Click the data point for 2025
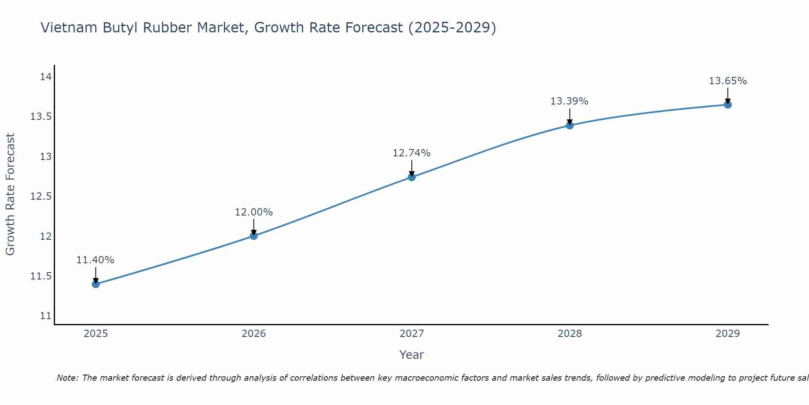click(95, 284)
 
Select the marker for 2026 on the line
click(254, 236)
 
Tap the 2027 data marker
click(412, 177)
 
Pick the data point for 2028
click(570, 125)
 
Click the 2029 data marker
click(728, 104)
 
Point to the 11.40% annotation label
click(95, 260)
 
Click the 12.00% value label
click(254, 212)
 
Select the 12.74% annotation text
click(412, 153)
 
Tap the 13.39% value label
click(569, 101)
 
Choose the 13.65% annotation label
click(728, 81)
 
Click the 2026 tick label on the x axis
click(254, 334)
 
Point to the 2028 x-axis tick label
click(570, 334)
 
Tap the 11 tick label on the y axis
click(46, 316)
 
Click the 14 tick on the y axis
click(46, 77)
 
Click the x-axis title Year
click(411, 355)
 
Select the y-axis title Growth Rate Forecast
click(10, 194)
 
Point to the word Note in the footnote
click(67, 378)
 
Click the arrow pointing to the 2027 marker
click(412, 167)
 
